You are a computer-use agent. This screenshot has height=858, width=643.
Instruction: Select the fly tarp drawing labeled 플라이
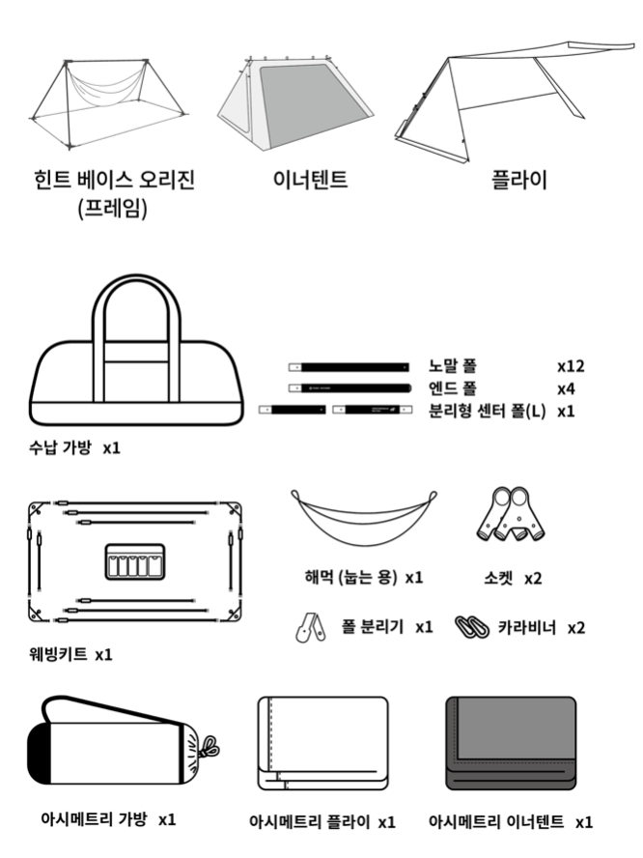coord(514,100)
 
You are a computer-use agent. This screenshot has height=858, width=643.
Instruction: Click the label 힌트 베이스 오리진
coord(114,180)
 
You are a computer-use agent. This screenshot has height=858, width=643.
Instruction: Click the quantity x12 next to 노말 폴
coord(571,366)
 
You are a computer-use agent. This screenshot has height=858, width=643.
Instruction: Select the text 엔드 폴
coord(452,388)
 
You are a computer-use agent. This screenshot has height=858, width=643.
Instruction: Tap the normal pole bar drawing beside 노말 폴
coord(349,367)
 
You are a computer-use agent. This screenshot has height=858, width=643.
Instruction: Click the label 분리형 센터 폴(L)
coord(487,411)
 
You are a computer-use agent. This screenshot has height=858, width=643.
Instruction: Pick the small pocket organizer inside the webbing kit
coord(135,562)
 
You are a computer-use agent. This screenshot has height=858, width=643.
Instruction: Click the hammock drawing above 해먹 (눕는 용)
coord(364,518)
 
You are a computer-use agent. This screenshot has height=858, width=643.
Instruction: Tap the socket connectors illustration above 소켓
coord(512,513)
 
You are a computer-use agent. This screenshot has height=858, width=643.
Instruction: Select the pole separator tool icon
coord(311,628)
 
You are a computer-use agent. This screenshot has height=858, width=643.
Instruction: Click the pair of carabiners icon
coord(472,627)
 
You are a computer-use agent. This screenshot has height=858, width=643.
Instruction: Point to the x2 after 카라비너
coord(576,628)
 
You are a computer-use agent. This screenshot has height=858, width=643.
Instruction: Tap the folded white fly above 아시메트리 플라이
coord(323,743)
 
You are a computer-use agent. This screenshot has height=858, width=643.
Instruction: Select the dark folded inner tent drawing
coord(511,743)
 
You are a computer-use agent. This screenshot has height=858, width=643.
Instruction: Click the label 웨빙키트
coord(58,654)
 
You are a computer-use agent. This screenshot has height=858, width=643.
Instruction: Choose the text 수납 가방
coord(60,447)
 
